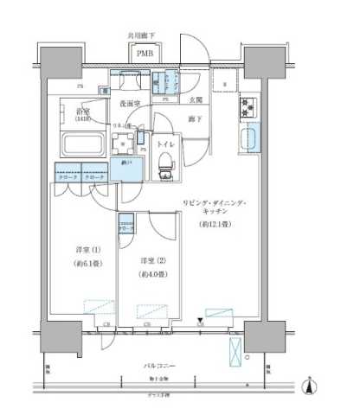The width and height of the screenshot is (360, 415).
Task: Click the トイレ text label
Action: [x=165, y=145]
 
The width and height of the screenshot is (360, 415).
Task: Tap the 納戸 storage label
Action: [x=128, y=161]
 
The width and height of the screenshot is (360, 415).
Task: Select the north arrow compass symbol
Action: [x=311, y=386]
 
